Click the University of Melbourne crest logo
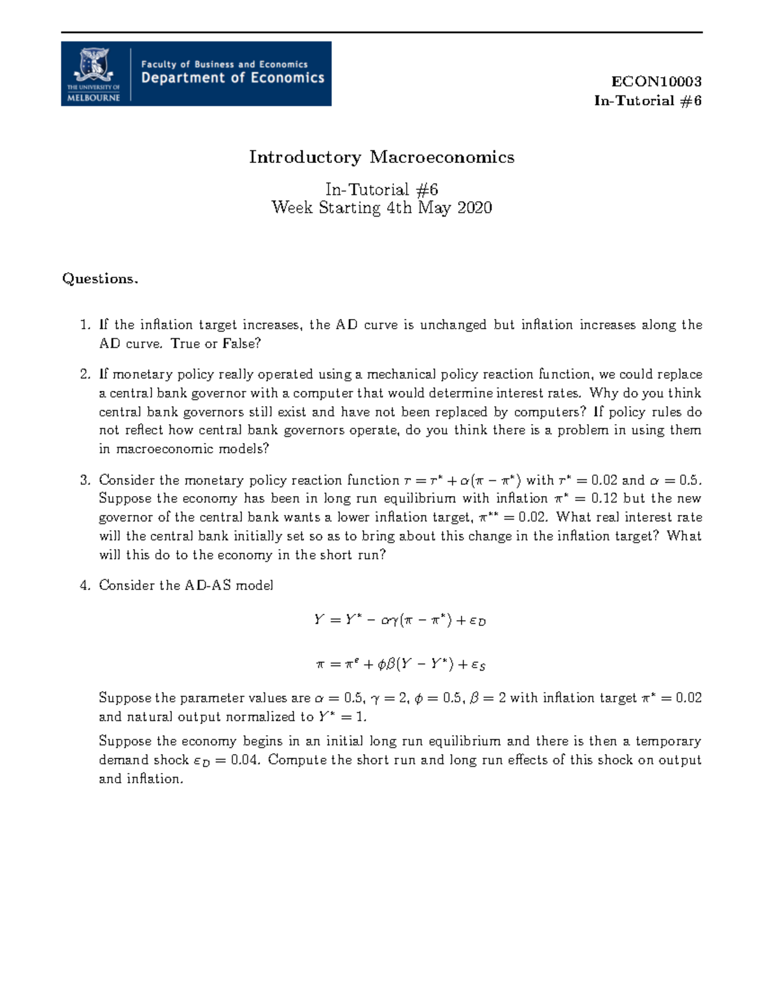94,73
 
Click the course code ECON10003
656,82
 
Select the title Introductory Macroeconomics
381,157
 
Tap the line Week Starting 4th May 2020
381,208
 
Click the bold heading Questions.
100,279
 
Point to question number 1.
85,325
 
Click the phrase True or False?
216,344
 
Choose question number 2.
85,374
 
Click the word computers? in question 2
550,411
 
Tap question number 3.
85,480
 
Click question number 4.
85,585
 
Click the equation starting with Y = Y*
400,620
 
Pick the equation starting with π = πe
400,664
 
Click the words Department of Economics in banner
232,78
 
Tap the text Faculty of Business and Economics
224,64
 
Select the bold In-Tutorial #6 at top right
647,101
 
